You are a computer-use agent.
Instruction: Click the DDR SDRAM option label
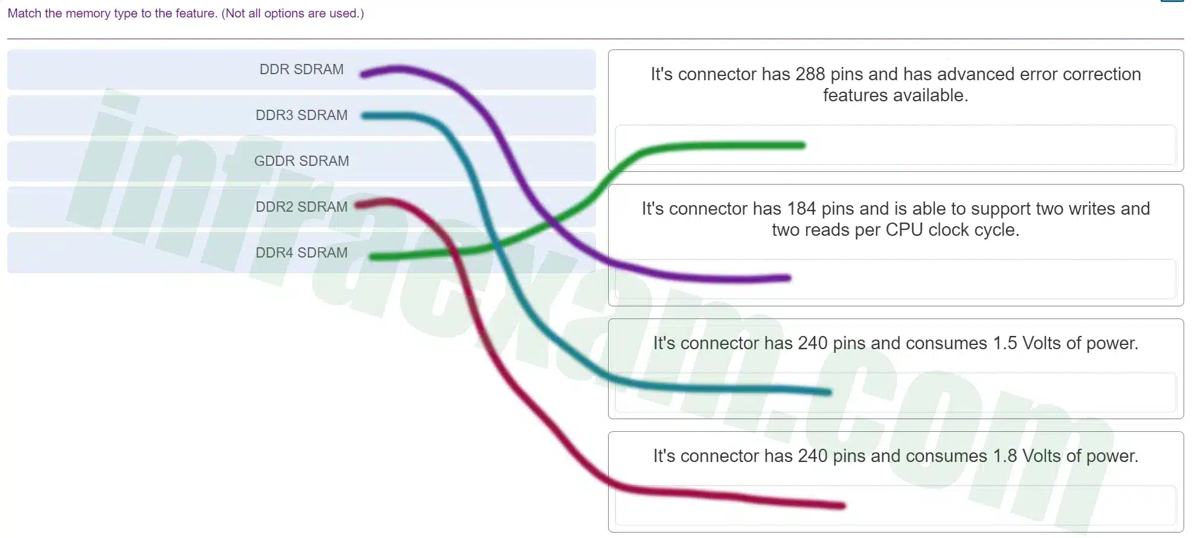301,69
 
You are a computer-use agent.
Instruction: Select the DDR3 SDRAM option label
301,115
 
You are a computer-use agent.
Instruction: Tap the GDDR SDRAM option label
301,161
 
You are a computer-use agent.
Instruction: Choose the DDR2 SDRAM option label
301,207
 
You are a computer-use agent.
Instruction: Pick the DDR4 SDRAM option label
301,253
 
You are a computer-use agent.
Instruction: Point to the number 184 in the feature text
801,209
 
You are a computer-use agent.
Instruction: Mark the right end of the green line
803,145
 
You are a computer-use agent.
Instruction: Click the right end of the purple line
788,278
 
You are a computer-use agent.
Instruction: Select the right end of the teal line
829,393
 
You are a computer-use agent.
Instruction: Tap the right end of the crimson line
842,505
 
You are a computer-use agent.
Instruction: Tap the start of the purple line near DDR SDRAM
363,74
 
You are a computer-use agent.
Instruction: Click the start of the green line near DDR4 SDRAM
373,257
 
